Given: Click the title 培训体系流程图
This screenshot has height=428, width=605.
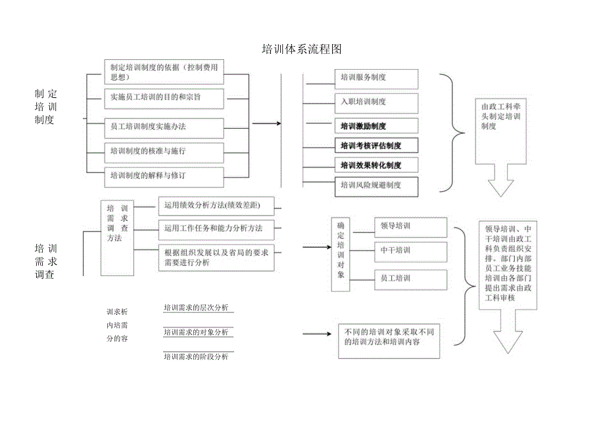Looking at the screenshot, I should point(302,49).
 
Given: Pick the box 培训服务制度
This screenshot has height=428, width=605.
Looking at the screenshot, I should point(377,78).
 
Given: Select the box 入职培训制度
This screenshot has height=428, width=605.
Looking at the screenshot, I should point(377,102).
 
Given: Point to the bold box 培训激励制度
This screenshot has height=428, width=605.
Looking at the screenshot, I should point(377,126).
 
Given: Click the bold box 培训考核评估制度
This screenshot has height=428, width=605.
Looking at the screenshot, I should point(377,145).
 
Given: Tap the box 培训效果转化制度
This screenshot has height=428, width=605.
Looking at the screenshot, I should point(377,165).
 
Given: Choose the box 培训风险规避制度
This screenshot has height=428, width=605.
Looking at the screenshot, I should point(377,185).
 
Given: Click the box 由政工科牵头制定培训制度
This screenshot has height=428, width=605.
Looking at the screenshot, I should point(501,131).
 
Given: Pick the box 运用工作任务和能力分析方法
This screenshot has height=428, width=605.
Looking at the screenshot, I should point(217,229).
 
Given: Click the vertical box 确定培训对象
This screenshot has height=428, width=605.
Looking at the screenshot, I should point(341,253).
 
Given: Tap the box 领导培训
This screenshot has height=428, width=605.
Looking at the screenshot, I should point(410,226).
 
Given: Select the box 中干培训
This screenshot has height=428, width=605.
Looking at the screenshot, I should point(410,250).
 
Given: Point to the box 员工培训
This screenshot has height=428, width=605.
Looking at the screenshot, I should point(410,278).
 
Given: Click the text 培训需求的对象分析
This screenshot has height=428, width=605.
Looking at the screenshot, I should point(196,333).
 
